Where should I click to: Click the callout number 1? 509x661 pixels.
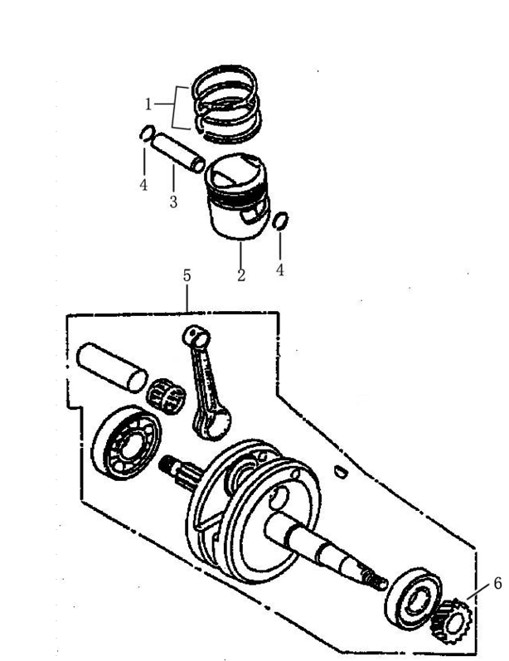(x=148, y=104)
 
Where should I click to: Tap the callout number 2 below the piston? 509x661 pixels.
(x=241, y=275)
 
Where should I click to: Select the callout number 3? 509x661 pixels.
(x=173, y=202)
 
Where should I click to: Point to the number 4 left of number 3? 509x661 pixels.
(x=143, y=185)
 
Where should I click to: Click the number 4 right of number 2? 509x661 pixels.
(x=280, y=270)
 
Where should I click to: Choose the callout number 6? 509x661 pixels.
(x=497, y=582)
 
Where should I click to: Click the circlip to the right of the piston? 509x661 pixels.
(x=280, y=221)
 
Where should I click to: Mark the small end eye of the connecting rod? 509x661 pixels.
(x=193, y=335)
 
